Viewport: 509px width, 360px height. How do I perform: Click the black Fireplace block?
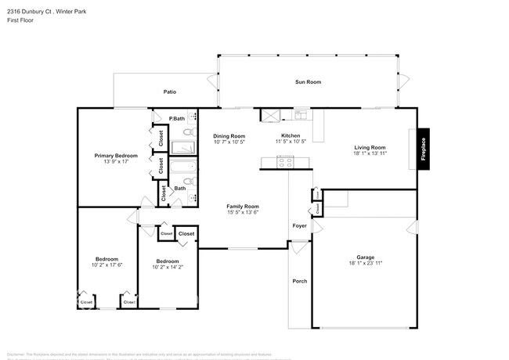point(423,149)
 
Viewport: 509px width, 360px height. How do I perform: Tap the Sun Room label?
point(308,82)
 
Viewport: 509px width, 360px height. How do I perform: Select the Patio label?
point(169,92)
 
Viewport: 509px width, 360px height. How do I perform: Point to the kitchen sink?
point(301,116)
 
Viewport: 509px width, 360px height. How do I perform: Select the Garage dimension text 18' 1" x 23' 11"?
point(366,264)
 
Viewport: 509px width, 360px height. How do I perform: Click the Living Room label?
point(370,147)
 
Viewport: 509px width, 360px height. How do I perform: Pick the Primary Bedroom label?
point(116,156)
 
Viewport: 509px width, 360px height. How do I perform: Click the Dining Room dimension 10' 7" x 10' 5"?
point(229,142)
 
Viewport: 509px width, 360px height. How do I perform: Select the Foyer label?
point(300,227)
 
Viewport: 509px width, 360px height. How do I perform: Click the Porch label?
point(299,281)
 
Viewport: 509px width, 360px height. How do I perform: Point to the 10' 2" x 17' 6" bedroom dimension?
point(106,265)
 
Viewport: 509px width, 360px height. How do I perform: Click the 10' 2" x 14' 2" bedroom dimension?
point(167,268)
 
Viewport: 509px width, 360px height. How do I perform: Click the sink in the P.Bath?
point(192,118)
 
